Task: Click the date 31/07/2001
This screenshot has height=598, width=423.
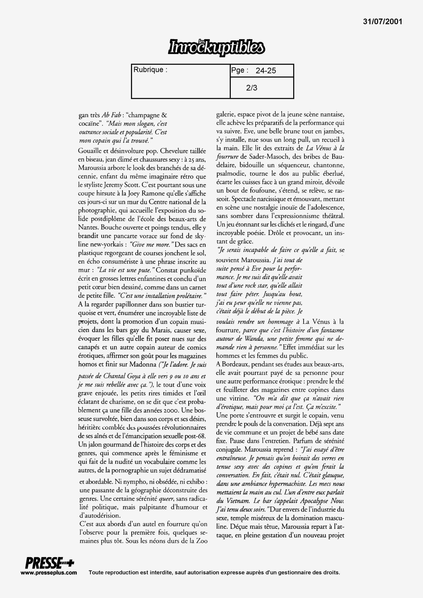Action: pos(383,22)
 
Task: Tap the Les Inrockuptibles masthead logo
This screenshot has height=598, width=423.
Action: pos(216,48)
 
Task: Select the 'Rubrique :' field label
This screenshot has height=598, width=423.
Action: pos(150,70)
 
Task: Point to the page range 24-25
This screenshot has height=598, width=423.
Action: pos(265,71)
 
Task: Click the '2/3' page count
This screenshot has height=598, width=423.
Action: pos(251,88)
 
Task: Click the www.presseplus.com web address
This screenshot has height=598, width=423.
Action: pos(49,573)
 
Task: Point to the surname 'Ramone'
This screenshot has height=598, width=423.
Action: pos(154,193)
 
